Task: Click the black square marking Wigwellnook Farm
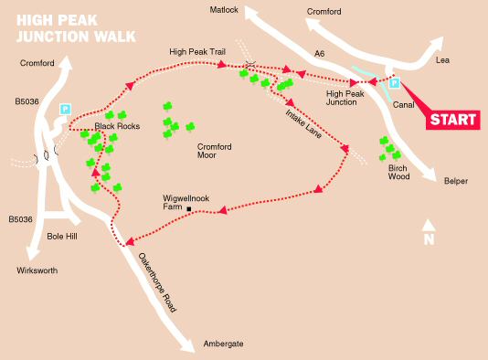189,211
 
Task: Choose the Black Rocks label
117,126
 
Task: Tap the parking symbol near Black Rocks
65,109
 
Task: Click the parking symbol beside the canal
396,84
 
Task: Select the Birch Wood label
398,173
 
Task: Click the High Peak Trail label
196,52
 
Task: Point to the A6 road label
319,55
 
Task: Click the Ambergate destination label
224,344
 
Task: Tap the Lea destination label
444,60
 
